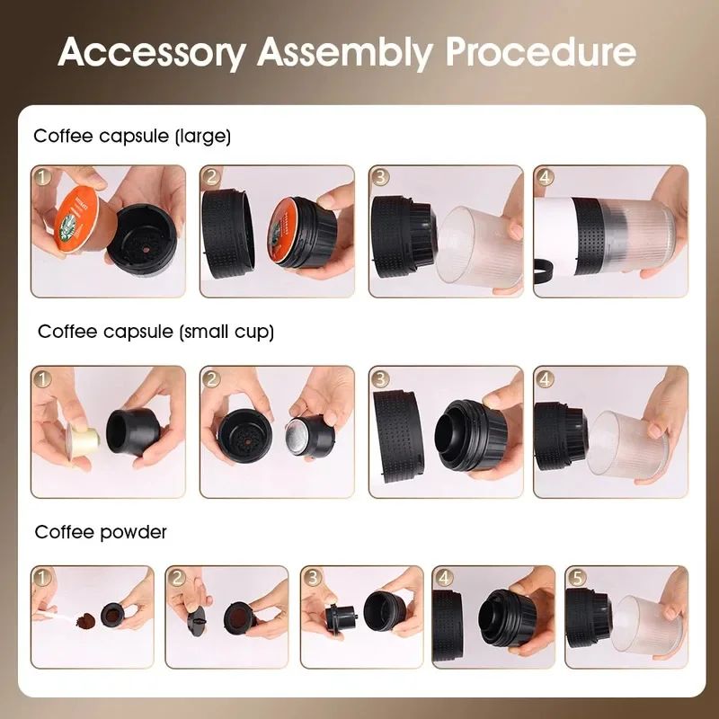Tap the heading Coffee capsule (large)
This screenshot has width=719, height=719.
pos(132,137)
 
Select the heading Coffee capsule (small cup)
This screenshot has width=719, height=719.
pos(155,332)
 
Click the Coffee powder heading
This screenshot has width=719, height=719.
pos(101,532)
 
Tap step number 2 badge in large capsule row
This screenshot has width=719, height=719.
pos(211,177)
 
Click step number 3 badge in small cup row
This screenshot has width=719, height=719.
pos(381,378)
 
